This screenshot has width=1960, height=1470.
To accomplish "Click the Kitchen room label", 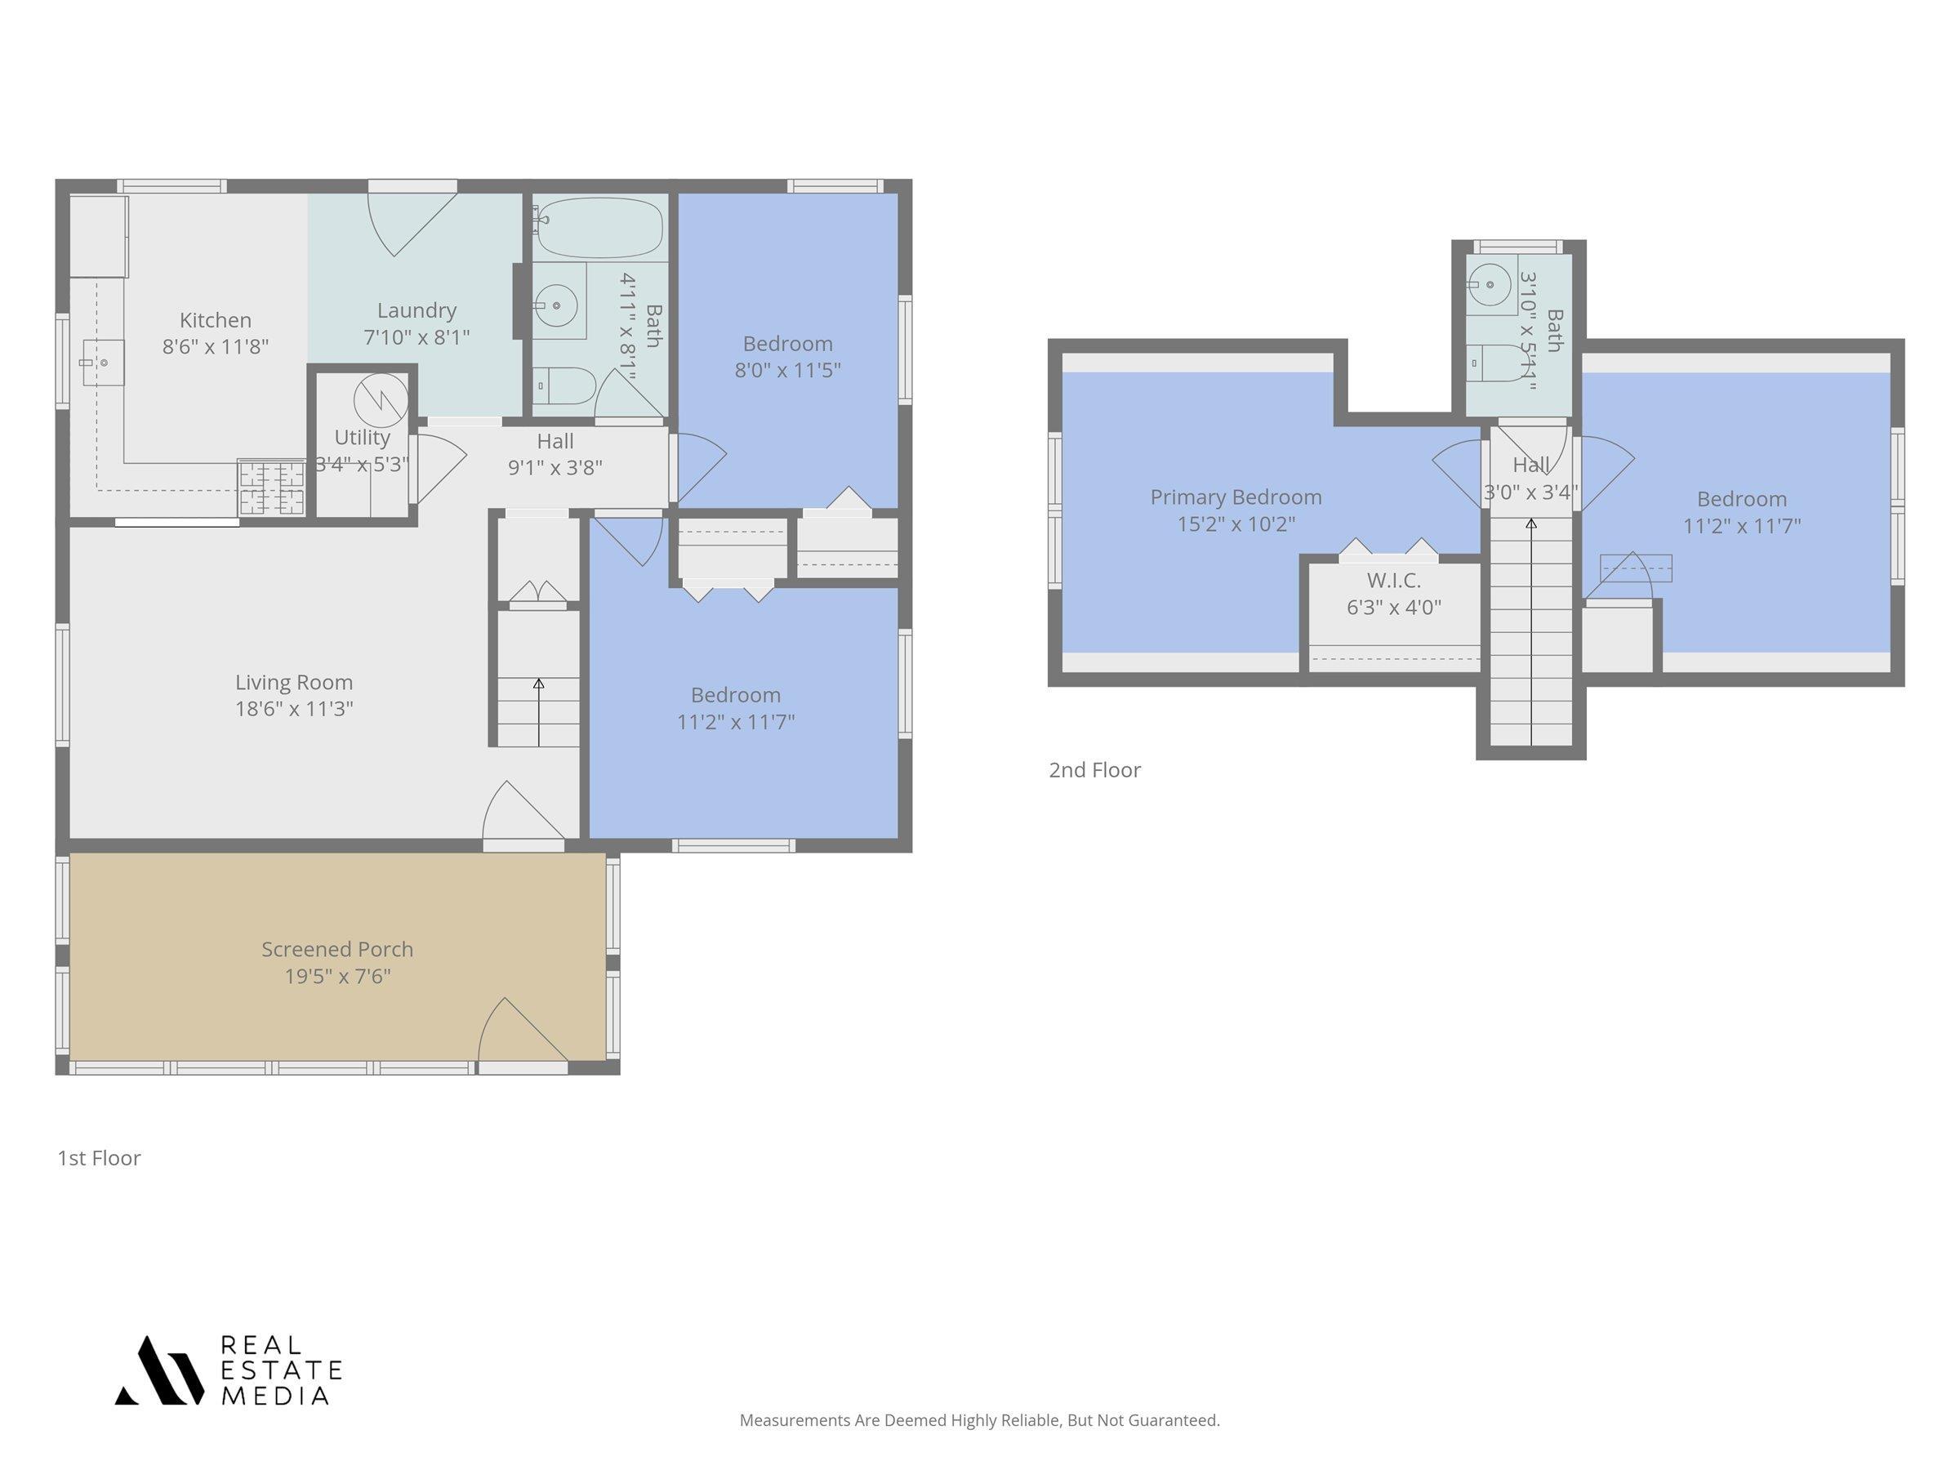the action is (x=216, y=320).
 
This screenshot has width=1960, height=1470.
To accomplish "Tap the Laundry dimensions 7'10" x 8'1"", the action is (x=416, y=336).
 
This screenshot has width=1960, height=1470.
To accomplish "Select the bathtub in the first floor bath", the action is (x=600, y=228).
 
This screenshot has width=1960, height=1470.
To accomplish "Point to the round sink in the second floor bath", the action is (x=1490, y=284).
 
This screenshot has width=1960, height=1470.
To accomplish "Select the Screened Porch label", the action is (x=336, y=949).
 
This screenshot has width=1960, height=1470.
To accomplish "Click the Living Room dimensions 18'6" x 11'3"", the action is (x=294, y=709).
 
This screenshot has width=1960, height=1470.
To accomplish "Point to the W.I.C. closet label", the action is (x=1394, y=581).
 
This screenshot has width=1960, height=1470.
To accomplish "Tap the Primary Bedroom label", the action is (x=1236, y=497).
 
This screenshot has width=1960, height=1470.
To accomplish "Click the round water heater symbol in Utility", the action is (x=381, y=400).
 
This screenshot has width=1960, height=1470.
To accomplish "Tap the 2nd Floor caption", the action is (x=1094, y=770).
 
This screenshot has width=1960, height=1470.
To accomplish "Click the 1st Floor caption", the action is (x=100, y=1158).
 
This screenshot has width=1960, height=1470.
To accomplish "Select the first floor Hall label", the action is (x=555, y=441).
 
